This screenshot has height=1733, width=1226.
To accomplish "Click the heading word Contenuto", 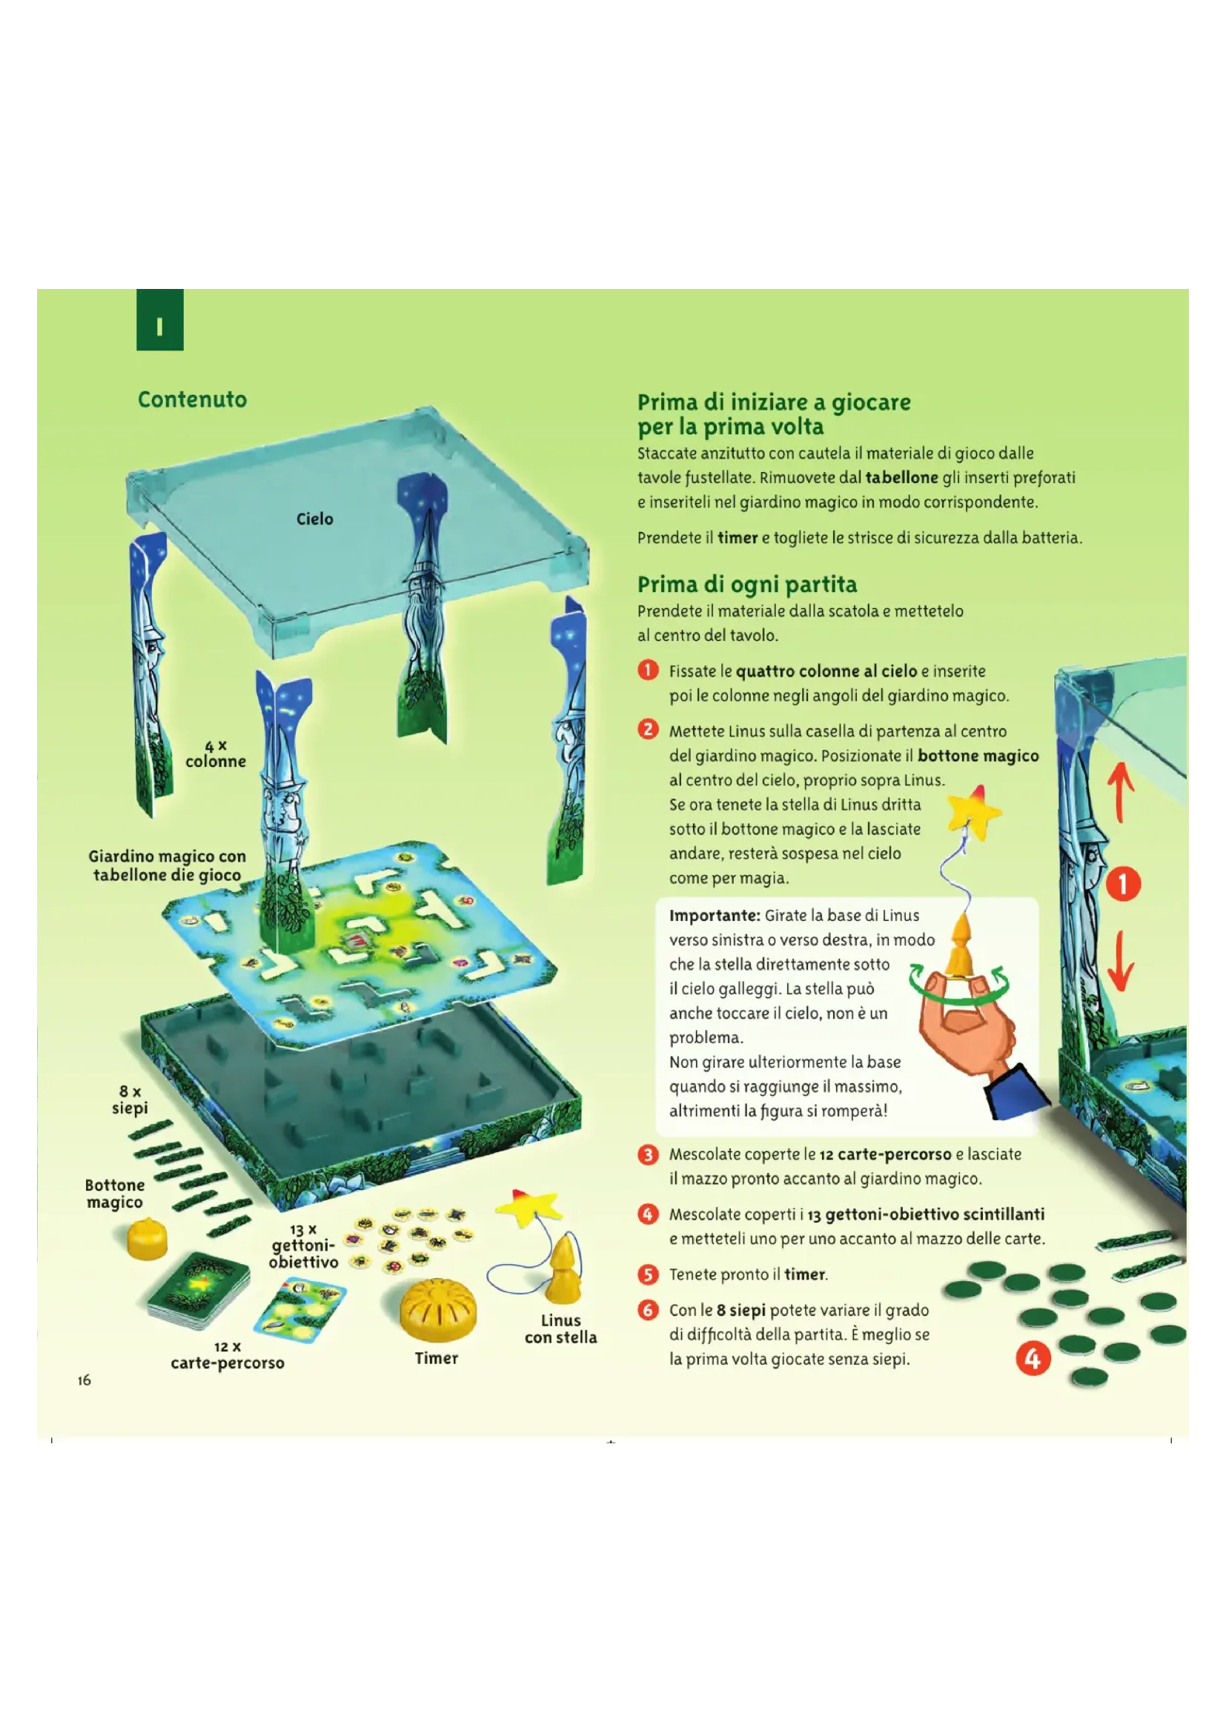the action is tap(192, 399).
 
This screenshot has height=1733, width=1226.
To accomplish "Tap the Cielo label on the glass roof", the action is tap(314, 519).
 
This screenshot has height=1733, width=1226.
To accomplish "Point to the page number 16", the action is tap(84, 1380).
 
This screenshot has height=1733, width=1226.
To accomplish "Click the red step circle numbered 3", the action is tap(648, 1155).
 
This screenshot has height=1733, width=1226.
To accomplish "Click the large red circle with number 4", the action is tap(1033, 1359).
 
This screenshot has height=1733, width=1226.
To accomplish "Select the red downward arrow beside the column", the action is tap(1121, 960).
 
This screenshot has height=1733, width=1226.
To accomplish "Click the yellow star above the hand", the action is tap(974, 811).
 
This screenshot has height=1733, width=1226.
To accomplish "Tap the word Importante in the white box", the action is tap(714, 916).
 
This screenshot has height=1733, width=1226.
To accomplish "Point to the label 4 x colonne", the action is tap(216, 754).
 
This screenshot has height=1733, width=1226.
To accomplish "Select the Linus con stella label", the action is tap(560, 1328).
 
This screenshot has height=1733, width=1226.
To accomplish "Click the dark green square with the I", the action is tap(160, 319).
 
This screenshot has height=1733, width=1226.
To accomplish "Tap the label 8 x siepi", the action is tap(130, 1100).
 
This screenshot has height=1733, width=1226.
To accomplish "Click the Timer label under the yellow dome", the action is tap(437, 1358).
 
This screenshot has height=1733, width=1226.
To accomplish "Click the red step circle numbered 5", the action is tap(648, 1274).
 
